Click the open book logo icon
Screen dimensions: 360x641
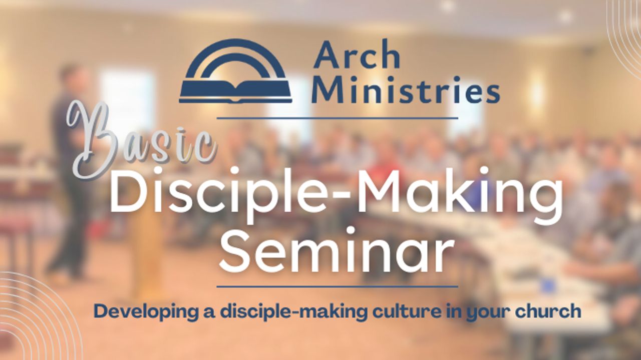(x=235, y=73)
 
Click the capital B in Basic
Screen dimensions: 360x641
(x=93, y=138)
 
